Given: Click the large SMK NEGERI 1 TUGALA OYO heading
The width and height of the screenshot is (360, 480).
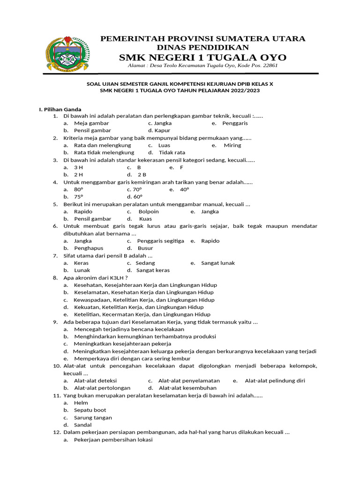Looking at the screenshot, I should point(202,57).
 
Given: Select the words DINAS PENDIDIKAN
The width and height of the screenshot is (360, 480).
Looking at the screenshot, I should point(203,47).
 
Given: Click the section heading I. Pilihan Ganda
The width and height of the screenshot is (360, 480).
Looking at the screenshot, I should point(60,109).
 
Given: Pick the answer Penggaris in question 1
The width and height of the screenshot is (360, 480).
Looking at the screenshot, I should point(235,123).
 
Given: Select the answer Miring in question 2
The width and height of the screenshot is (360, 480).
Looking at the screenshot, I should point(232,145).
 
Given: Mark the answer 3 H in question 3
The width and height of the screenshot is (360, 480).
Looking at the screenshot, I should point(78,167).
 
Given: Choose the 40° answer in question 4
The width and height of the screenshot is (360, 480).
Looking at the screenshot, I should point(184,189).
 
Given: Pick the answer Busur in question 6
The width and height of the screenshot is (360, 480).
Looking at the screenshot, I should point(145,248).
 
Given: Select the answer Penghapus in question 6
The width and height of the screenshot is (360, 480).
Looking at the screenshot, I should point(89,248).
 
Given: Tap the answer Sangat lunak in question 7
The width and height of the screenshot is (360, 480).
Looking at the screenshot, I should point(218,263).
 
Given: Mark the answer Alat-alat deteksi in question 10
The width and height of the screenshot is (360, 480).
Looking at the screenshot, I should point(95,381).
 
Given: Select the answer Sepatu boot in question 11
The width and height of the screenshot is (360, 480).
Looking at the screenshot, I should point(90,410).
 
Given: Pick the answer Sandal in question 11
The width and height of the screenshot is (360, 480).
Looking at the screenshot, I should point(82,425).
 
